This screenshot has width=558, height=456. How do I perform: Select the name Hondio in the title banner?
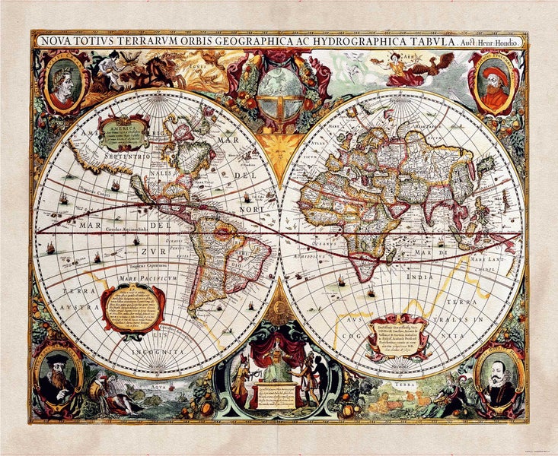(x=504, y=42)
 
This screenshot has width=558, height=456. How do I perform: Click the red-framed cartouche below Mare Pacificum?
(x=133, y=308)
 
